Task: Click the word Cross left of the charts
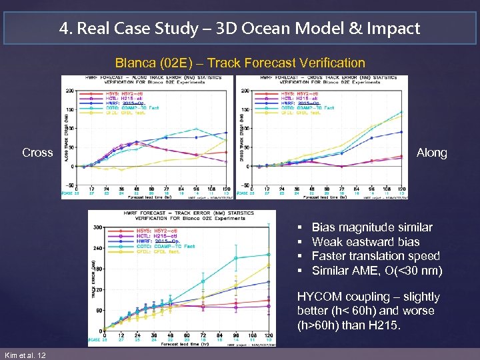pos(37,153)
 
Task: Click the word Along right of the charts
pos(432,153)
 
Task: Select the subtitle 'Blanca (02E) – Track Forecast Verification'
pos(240,63)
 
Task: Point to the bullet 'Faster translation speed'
pos(375,255)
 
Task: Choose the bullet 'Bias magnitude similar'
pos(372,227)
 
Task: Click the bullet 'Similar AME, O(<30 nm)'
pos(377,270)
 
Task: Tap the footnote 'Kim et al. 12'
pos(25,355)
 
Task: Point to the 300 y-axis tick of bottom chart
pos(98,227)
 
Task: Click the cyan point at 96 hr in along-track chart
pos(195,129)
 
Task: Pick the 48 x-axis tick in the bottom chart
pos(171,335)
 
